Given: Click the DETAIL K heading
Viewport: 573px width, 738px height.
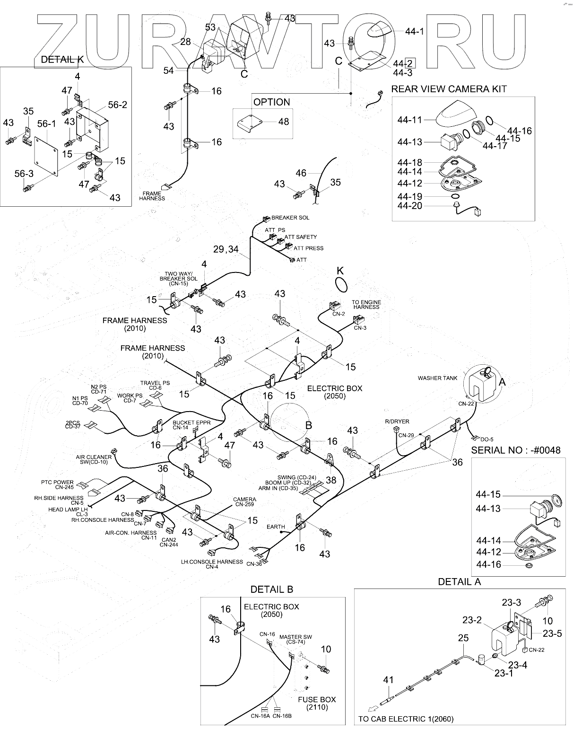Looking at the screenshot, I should (x=62, y=60).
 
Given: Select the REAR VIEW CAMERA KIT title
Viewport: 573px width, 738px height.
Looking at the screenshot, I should (x=449, y=89).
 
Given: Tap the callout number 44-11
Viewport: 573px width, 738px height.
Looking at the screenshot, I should (x=409, y=121).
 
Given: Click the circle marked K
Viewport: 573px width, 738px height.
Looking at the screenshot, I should (x=340, y=285).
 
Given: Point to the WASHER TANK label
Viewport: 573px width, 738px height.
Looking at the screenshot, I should (x=437, y=378).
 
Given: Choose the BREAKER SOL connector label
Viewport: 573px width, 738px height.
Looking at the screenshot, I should (x=290, y=218).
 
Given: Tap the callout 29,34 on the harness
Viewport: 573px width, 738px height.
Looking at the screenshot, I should (x=226, y=249).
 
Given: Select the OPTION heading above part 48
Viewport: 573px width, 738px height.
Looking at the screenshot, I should (x=271, y=102).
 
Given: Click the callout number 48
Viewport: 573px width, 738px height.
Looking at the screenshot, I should (x=283, y=122).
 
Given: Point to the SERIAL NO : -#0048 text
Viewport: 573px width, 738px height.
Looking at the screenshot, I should (x=515, y=450).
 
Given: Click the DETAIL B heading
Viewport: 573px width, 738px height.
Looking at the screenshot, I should (x=271, y=589).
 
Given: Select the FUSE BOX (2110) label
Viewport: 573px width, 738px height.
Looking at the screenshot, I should (x=317, y=703).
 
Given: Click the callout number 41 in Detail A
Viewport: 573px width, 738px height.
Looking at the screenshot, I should (x=388, y=680).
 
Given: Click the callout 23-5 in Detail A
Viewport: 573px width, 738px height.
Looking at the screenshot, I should (x=552, y=634).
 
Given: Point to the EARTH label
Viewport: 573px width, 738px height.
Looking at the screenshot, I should (x=276, y=527).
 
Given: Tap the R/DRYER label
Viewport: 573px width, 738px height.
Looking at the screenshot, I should (x=397, y=422).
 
